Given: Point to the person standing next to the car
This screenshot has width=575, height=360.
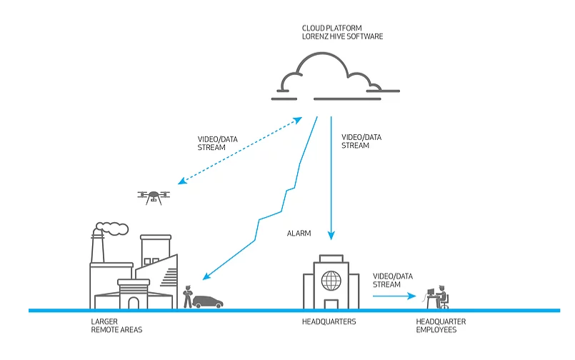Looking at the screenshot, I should [188, 296].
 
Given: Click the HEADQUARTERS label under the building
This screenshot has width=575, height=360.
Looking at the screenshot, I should [329, 322].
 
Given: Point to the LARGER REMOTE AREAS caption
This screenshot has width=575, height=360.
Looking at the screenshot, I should [118, 326].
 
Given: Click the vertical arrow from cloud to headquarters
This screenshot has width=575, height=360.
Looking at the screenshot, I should [331, 179].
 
